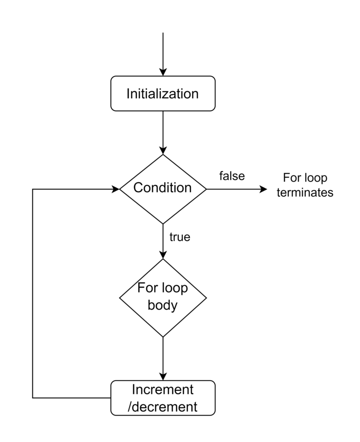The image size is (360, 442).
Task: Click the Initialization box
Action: [x=163, y=93]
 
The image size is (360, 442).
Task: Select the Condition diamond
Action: [x=163, y=189]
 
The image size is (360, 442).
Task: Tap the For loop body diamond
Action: [x=163, y=297]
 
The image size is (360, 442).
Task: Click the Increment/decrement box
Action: [x=163, y=397]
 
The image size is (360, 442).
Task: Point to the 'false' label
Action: [x=232, y=176]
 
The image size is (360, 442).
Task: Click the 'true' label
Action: [x=180, y=237]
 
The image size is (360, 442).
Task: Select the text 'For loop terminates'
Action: [x=305, y=185]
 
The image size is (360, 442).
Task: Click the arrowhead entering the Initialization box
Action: [x=163, y=72]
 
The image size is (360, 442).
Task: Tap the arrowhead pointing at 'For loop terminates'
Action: [x=263, y=189]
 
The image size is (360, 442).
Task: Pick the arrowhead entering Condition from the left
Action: [x=115, y=189]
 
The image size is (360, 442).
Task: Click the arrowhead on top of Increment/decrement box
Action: [x=163, y=376]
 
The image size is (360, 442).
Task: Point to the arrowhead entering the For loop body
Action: [x=163, y=254]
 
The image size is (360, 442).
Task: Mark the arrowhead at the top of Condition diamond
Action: [x=163, y=150]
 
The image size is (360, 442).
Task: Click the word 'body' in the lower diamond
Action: [x=163, y=305]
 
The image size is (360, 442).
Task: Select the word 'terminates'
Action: [x=305, y=193]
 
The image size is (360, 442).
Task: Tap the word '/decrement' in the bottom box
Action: [x=163, y=406]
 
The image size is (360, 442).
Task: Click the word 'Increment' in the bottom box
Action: [x=163, y=389]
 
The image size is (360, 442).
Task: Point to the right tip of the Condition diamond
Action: [x=206, y=189]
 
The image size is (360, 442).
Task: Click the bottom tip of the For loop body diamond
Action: [x=163, y=336]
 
